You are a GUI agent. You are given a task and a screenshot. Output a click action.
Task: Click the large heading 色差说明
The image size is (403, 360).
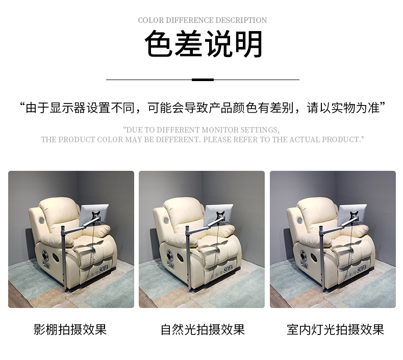[203, 45]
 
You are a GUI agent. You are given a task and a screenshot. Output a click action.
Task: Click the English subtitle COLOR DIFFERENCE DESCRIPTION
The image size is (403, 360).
[202, 20]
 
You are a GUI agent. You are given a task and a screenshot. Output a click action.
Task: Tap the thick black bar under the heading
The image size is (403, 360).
[203, 80]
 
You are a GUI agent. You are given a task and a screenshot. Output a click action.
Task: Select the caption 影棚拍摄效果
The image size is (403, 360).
[70, 329]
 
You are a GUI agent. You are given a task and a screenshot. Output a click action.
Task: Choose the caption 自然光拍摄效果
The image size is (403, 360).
[203, 329]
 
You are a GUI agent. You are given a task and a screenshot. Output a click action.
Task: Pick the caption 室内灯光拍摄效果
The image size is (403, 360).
[335, 329]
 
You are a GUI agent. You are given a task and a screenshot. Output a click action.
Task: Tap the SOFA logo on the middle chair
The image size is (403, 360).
[232, 268]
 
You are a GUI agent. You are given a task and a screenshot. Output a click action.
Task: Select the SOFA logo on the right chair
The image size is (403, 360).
[363, 268]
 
